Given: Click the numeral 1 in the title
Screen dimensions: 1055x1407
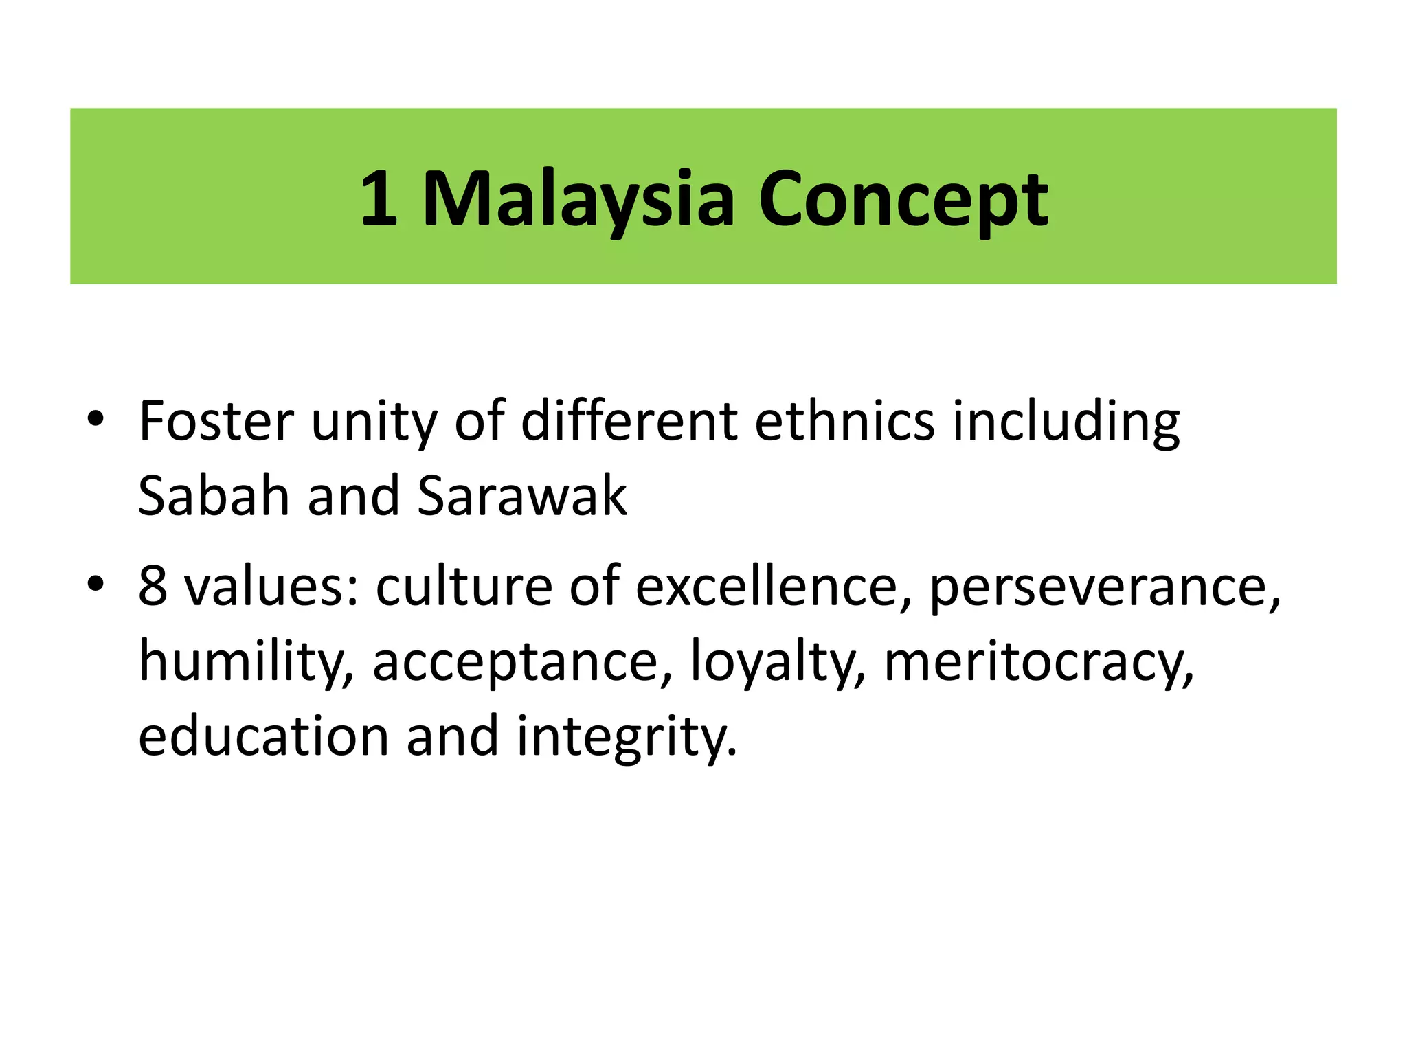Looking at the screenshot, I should coord(379,199).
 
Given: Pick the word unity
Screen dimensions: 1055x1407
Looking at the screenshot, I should coord(374,422).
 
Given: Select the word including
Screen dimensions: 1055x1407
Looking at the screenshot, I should coord(1066,422).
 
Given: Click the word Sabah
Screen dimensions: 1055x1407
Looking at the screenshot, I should coord(214,495).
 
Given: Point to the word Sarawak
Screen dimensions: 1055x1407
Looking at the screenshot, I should coord(521,495).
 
